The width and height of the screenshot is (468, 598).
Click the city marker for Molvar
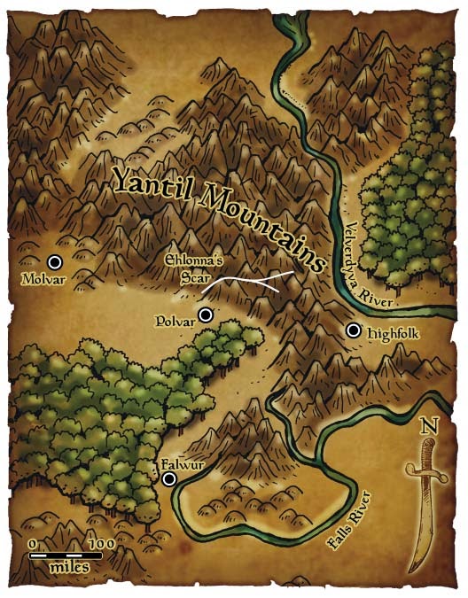[54, 262]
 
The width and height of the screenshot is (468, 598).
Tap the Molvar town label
[41, 280]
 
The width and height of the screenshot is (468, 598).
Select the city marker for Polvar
[206, 315]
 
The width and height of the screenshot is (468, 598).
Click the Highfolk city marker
[354, 330]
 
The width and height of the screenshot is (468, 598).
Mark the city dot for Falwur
[169, 479]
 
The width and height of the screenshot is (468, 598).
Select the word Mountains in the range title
[262, 221]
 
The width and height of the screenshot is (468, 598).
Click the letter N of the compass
[430, 425]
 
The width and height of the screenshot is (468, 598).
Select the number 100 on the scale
[100, 543]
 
